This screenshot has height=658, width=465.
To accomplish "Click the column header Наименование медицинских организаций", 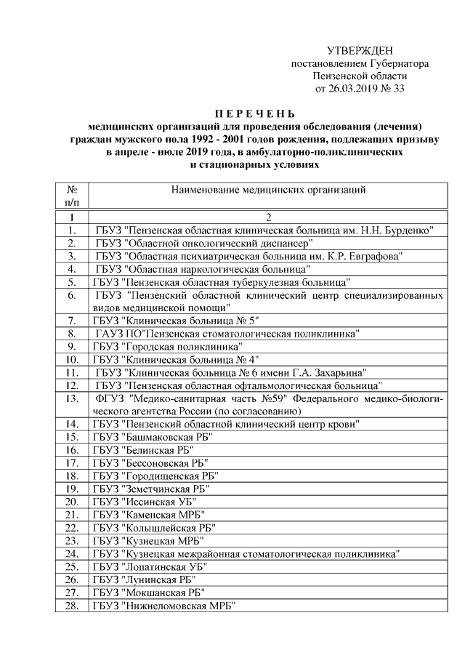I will click(267, 190).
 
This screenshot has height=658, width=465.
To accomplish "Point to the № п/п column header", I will click(72, 196).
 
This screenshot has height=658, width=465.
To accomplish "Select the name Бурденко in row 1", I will click(411, 230).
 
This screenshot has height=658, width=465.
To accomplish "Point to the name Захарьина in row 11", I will click(341, 372).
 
